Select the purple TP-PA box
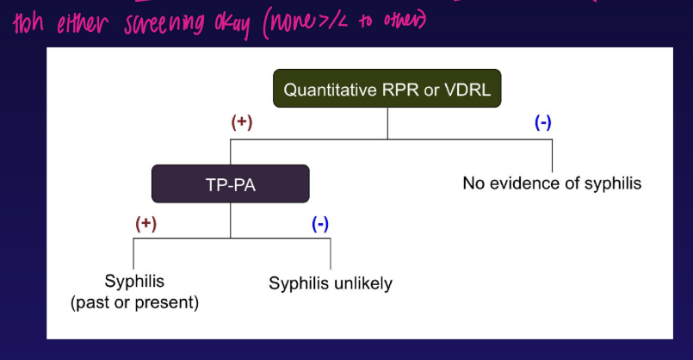(230, 184)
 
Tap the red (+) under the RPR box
(241, 122)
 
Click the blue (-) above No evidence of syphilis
(543, 122)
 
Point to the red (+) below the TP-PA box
(145, 224)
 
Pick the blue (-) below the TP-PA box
(319, 224)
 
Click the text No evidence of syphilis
(552, 183)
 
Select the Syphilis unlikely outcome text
(331, 283)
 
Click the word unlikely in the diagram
(362, 283)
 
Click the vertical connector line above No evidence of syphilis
(552, 155)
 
